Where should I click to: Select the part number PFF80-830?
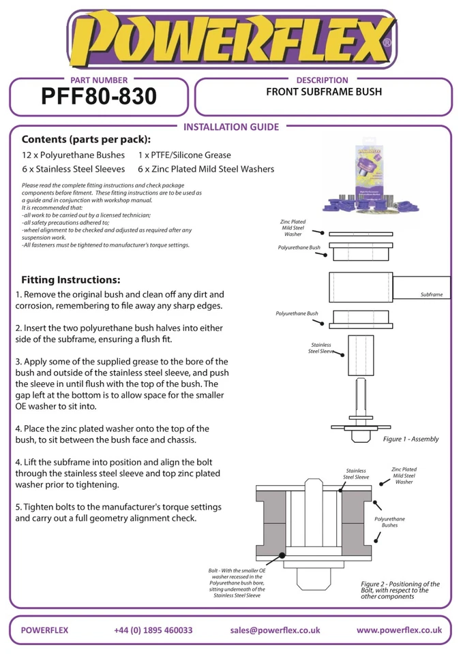(99, 97)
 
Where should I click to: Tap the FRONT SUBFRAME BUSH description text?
(323, 91)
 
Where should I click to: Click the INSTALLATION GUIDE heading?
(232, 127)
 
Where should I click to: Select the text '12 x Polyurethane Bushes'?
(73, 155)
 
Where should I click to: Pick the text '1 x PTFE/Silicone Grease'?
(184, 155)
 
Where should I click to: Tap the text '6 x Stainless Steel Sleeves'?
(73, 169)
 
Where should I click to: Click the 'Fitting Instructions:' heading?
(71, 280)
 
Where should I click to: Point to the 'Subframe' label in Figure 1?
(431, 294)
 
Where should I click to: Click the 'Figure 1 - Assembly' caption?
(410, 439)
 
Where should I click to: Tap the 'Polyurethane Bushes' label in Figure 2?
(389, 522)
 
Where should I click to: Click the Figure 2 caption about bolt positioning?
(400, 590)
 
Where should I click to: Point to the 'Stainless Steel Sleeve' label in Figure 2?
(356, 474)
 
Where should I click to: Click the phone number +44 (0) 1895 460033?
(153, 630)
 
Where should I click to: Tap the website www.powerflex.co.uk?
(399, 630)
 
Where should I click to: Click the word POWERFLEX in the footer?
(45, 630)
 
